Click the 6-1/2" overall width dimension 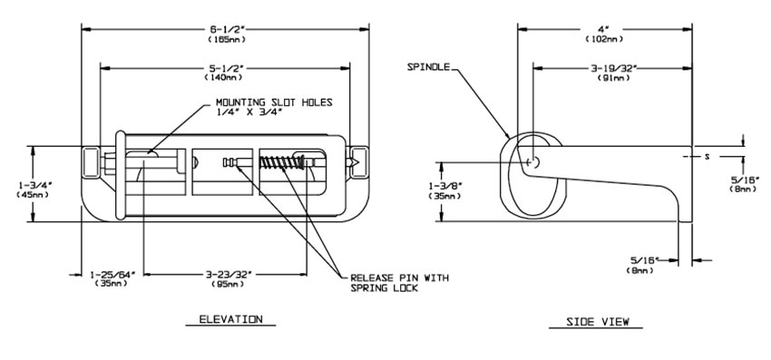coord(226,30)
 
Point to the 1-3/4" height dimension coord(33,185)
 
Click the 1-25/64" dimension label coord(111,275)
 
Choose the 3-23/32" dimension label coord(227,275)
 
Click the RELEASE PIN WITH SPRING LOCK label coord(399,283)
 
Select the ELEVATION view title coord(230,319)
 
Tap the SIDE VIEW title coord(597,322)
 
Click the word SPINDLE coord(428,67)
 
